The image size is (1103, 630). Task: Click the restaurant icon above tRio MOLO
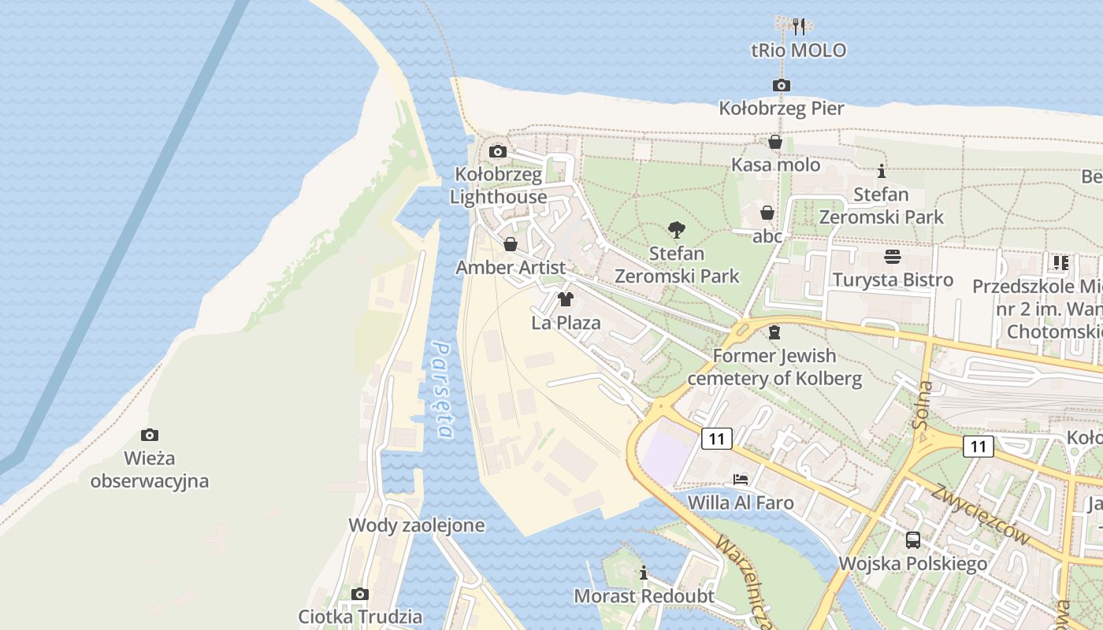click(799, 26)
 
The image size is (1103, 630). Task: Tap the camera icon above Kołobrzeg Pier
click(781, 85)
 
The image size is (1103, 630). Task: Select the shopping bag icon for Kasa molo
click(775, 142)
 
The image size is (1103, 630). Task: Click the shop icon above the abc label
click(767, 213)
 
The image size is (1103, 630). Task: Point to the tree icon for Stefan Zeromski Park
click(676, 230)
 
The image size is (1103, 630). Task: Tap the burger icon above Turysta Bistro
click(893, 257)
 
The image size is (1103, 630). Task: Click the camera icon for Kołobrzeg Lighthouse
click(498, 151)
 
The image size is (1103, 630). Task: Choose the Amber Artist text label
click(511, 268)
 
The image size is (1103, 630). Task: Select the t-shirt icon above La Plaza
click(565, 299)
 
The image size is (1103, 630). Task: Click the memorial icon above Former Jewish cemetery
click(774, 332)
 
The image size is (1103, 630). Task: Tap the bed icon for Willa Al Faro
click(741, 479)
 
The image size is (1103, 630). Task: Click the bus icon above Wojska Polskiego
click(912, 539)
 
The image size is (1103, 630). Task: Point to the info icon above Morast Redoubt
click(644, 573)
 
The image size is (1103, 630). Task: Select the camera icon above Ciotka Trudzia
click(360, 594)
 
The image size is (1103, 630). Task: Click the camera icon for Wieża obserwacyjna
click(150, 435)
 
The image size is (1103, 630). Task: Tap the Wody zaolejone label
click(417, 525)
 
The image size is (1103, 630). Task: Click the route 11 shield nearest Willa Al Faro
click(715, 439)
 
